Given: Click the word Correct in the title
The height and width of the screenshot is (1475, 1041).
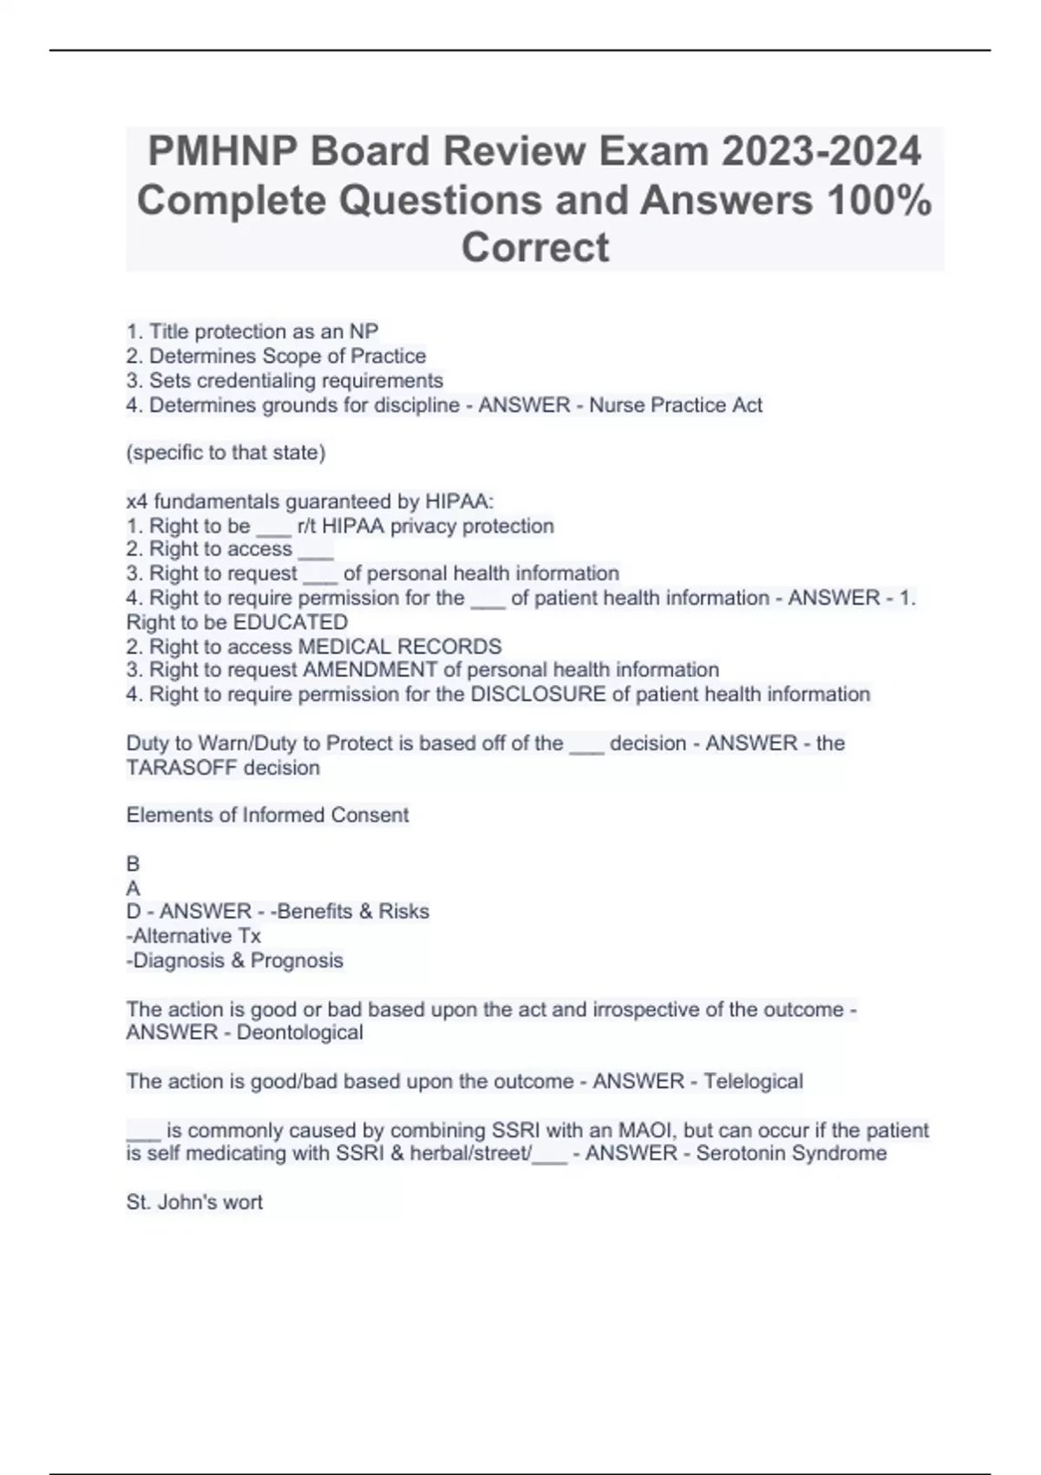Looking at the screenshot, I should point(535,247).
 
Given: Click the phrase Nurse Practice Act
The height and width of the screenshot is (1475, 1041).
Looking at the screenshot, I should point(676,405).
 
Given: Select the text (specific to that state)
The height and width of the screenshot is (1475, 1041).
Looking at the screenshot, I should point(226,453).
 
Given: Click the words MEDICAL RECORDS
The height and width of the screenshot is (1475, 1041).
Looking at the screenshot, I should point(399,646).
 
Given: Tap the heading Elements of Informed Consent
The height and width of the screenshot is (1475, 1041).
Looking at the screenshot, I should point(267,816).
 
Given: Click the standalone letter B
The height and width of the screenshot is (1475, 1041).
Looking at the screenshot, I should point(133,864).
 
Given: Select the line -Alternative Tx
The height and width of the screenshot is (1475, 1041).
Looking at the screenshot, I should point(193,936).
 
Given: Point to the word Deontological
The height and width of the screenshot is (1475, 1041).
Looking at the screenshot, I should point(299,1032).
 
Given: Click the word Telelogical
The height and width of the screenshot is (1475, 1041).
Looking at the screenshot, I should point(753,1082).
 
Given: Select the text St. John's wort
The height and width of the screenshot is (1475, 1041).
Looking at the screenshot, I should point(194,1203).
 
